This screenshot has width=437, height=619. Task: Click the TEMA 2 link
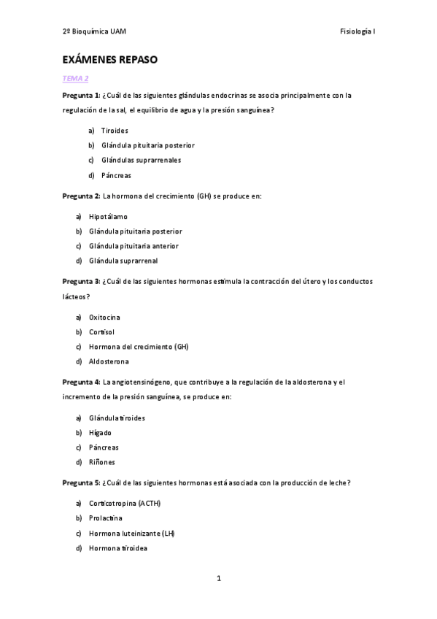pos(75,78)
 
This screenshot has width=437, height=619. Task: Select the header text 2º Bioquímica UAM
pos(95,31)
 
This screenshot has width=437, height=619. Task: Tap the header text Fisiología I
pos(357,31)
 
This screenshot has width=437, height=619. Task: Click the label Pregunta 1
pos(80,96)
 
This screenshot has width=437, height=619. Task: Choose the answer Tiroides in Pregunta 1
pos(115,131)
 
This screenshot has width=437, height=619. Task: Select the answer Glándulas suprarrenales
pos(142,160)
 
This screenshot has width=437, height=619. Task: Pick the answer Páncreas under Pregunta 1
pos(117,175)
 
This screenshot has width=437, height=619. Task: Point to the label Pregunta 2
pos(80,196)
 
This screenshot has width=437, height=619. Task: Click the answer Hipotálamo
pos(107,217)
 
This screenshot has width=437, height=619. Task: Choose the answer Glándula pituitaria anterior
pos(134,246)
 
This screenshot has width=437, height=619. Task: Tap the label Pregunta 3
pos(80,281)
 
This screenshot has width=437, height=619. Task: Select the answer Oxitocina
pos(104,318)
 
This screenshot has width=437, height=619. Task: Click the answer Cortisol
pos(102,332)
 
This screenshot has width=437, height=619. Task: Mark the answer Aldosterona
pos(109,361)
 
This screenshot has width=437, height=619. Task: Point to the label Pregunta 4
pos(80,382)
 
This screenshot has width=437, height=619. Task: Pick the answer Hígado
pos(101,433)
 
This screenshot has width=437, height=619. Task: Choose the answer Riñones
pos(102,462)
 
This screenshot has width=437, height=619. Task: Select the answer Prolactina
pos(106,518)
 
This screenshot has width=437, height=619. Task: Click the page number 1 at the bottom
pos(218,579)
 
